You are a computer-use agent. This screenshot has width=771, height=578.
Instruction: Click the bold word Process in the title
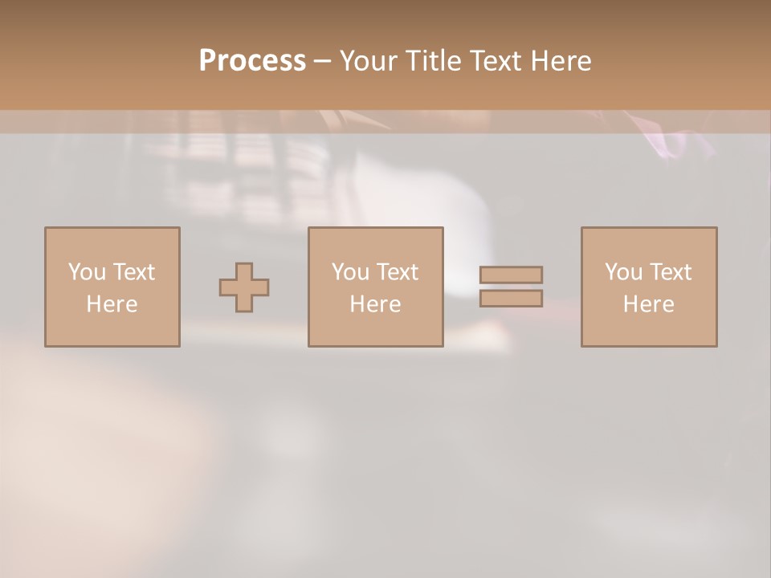click(252, 61)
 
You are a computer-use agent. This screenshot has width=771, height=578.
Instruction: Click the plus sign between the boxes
click(244, 287)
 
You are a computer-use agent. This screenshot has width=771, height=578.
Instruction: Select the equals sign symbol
click(511, 287)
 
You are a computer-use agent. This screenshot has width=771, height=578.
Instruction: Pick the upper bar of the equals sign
click(511, 275)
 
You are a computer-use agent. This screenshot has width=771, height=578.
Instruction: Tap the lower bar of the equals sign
click(511, 298)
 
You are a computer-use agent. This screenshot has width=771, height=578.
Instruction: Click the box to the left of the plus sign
click(112, 287)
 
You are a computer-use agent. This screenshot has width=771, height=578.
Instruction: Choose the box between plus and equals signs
click(375, 287)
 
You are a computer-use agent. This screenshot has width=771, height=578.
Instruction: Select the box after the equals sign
click(648, 287)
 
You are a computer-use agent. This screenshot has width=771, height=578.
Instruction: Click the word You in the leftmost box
click(87, 272)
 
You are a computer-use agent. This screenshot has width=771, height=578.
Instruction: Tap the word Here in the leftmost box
click(112, 304)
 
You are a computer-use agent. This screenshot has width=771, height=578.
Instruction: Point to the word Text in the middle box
click(396, 272)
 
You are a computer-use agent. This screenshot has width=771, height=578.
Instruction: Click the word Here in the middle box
click(375, 304)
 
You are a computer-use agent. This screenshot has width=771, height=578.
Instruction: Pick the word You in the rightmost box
click(623, 272)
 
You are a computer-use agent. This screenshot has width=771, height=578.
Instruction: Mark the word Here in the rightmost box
click(648, 304)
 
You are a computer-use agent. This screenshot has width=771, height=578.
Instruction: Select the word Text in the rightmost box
click(669, 272)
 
